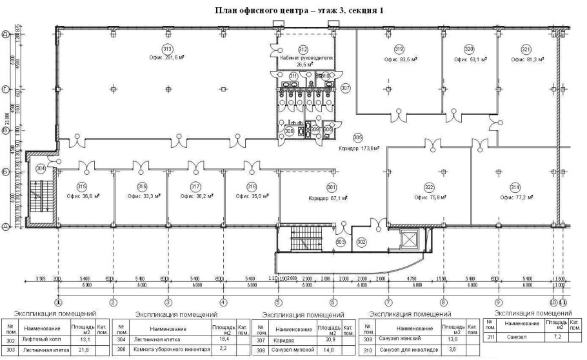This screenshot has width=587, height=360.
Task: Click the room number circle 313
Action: pos(167,49)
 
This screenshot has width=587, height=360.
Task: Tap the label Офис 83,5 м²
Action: pos(401,59)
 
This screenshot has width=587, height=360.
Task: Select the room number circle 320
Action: pos(469,49)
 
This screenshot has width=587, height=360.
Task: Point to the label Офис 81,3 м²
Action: pos(528,59)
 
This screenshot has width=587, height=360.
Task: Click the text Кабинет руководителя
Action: pos(303,57)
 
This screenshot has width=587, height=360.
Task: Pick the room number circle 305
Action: pos(358,137)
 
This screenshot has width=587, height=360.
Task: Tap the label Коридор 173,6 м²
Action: pos(358,148)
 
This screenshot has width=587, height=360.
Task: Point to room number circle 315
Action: pos(82,186)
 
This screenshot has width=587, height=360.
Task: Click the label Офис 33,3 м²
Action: pos(142,197)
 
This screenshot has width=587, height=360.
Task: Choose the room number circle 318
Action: pos(251,186)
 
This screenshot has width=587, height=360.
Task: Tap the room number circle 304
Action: pos(41,168)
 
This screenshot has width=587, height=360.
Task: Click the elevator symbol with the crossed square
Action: pos(410,241)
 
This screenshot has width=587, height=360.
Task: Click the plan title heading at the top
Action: pos(293,11)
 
